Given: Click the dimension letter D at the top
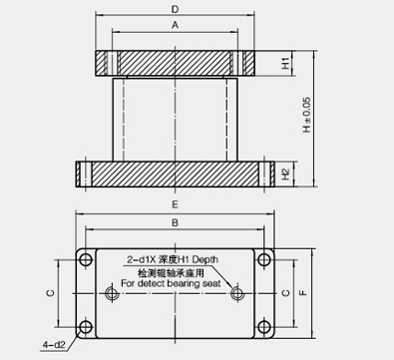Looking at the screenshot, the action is tap(175, 9).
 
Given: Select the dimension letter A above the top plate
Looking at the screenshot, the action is tap(176, 25).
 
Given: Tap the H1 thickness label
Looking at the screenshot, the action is tap(285, 63).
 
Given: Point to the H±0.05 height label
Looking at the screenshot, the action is tap(306, 115).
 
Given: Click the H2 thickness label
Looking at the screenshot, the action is tap(285, 174).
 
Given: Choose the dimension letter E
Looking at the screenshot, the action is tap(176, 204).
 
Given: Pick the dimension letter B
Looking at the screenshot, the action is tap(176, 222).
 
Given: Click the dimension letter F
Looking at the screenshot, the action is tap(303, 293).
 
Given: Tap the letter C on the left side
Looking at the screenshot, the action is tap(50, 293).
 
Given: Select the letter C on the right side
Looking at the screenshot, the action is tap(285, 293).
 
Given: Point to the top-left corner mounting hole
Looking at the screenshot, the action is tap(86, 259).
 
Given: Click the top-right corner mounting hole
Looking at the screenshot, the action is tap(264, 259).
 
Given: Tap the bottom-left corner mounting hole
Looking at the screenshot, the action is tap(86, 327).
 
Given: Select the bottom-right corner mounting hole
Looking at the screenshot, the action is tap(264, 327).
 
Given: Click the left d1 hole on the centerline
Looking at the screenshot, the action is tap(111, 293).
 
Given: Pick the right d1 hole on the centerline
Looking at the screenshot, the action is tap(236, 293).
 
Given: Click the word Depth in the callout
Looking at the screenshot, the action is tap(205, 259).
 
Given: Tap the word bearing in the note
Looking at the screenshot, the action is tap(184, 283).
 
